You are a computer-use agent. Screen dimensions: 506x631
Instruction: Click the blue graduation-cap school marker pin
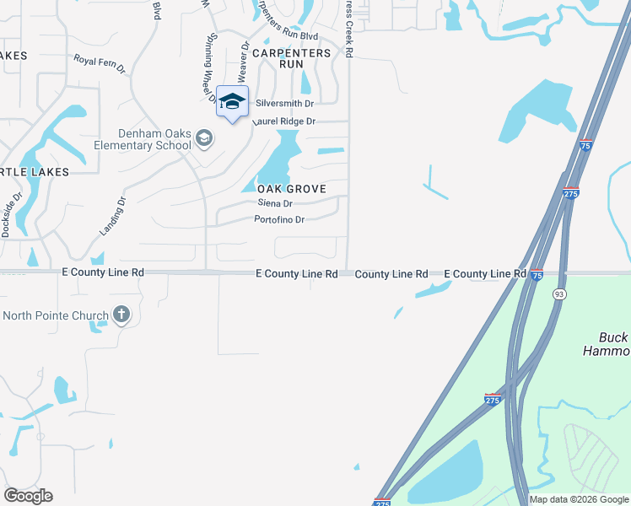(232, 103)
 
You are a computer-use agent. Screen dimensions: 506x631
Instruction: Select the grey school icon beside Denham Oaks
(203, 137)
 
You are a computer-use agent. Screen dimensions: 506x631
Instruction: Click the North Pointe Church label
(56, 316)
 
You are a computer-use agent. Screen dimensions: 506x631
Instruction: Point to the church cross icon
(121, 316)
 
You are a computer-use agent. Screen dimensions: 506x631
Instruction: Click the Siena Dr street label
(275, 203)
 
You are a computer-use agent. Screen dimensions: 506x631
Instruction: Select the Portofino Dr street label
(279, 220)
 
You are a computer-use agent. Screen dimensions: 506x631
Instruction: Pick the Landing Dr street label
(111, 216)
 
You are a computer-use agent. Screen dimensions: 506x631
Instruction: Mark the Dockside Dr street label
(10, 214)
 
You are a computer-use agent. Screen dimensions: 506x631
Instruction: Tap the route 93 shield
(559, 293)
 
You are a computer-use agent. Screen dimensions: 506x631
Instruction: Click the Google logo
(28, 496)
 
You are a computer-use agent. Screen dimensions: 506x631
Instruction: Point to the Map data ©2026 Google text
(579, 499)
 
